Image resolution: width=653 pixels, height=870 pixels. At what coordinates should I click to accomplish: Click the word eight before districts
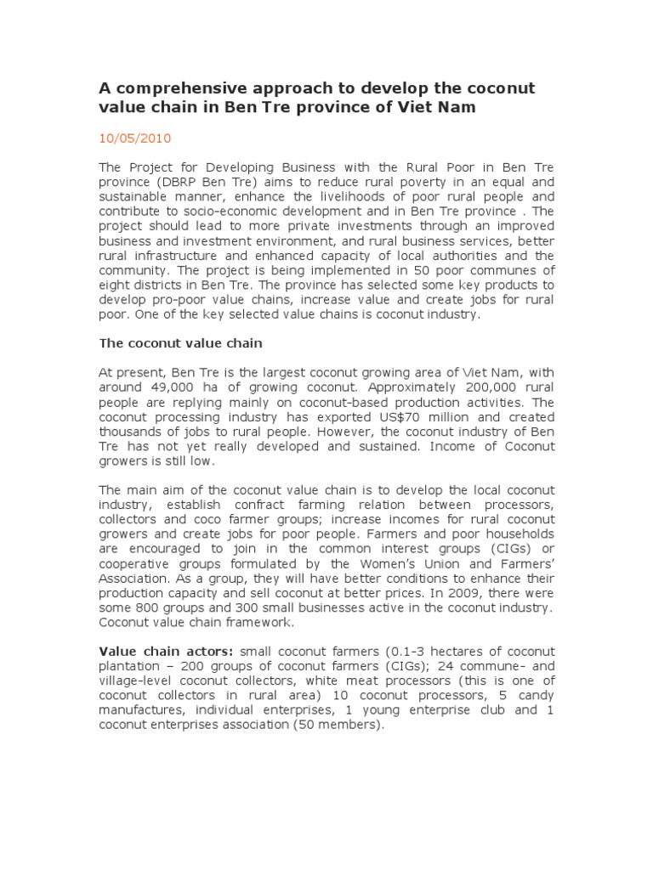click(115, 285)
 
